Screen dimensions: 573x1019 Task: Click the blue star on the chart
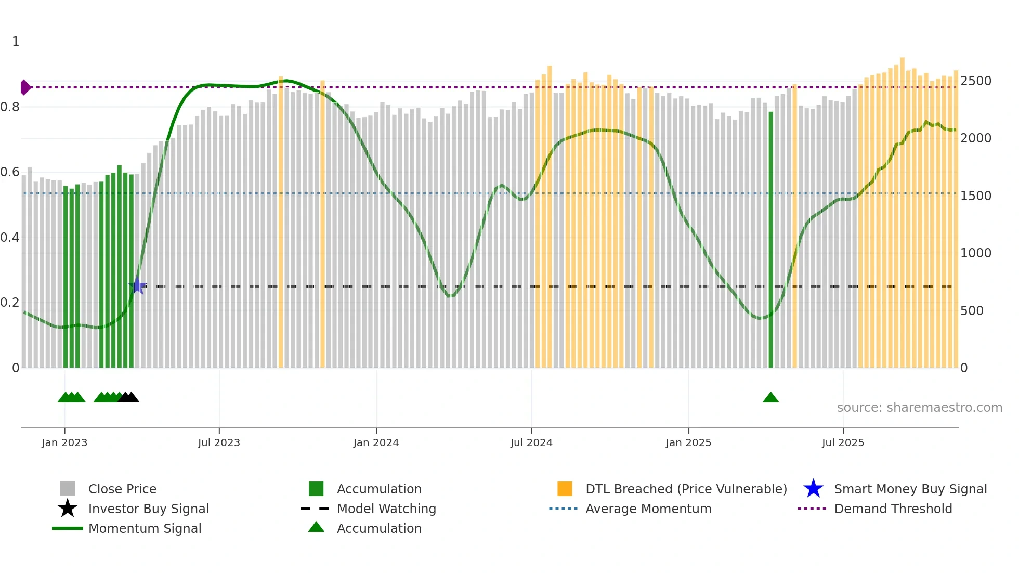(137, 286)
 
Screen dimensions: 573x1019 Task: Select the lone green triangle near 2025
(770, 398)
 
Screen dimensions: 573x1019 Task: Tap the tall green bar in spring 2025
(770, 239)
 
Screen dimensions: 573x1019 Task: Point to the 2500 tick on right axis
(975, 81)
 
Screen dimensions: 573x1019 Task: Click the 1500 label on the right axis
(975, 196)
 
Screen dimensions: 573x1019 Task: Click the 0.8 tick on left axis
(10, 107)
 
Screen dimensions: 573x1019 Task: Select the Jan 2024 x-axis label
(376, 443)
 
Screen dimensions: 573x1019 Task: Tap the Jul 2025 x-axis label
(843, 443)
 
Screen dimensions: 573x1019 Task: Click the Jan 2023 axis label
(64, 443)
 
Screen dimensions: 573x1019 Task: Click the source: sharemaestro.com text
(919, 408)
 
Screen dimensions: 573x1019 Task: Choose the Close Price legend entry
(122, 489)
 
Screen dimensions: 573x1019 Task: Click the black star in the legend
(68, 509)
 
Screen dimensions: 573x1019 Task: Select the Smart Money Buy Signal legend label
(910, 489)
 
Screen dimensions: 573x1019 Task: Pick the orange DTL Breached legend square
(565, 489)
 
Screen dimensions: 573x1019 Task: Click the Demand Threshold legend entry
(893, 509)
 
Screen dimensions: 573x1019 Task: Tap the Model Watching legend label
(386, 509)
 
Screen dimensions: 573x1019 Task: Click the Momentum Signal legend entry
(145, 529)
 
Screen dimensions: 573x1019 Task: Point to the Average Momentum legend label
(648, 509)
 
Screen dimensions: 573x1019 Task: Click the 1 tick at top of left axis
(16, 42)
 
